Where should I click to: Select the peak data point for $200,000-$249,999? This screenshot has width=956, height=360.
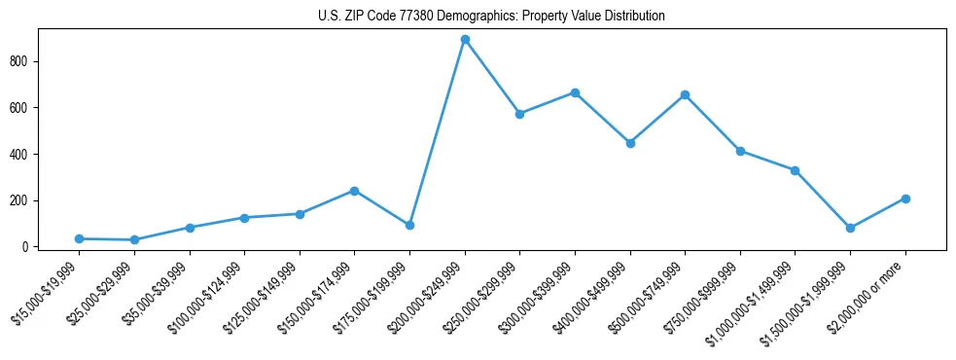coord(465,40)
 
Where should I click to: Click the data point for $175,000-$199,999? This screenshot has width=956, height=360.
coord(409,225)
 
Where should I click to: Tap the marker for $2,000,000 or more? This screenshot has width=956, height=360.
coord(905,198)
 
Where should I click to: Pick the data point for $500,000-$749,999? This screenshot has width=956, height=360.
coord(685,94)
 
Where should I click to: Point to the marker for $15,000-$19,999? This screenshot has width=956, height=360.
coord(79,238)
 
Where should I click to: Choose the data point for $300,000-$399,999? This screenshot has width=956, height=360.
coord(575,92)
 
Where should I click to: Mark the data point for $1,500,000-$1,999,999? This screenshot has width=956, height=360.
coord(850,228)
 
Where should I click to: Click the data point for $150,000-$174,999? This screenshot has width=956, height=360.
coord(354,191)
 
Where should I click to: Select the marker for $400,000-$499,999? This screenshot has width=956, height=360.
coord(630,143)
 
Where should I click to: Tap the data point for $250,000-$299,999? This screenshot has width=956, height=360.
coord(519,114)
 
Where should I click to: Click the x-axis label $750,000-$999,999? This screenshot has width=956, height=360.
coord(703,295)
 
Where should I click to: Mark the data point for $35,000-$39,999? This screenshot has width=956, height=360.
coord(190,228)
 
